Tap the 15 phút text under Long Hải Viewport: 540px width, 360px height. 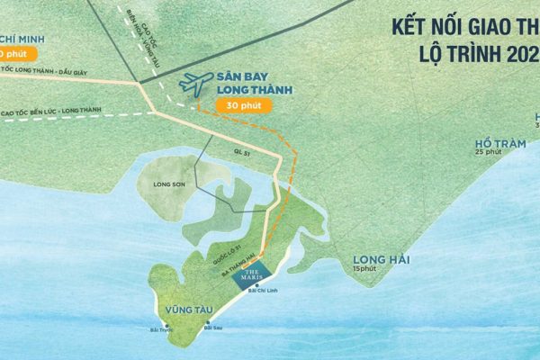click(365, 269)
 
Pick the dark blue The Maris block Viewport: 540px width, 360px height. click(251, 276)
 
